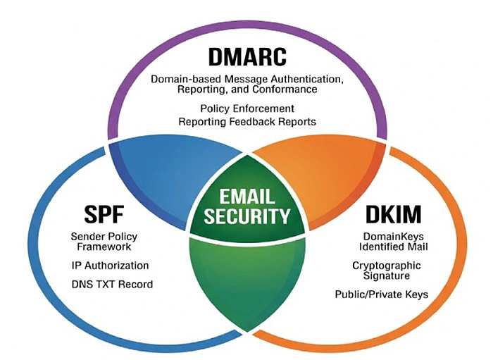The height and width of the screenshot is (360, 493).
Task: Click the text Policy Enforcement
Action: coord(246,109)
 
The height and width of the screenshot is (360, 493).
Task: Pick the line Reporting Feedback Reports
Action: coord(246,121)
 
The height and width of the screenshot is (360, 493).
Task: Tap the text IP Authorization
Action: coord(110,266)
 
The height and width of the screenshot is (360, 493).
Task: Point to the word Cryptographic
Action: coord(387,265)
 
